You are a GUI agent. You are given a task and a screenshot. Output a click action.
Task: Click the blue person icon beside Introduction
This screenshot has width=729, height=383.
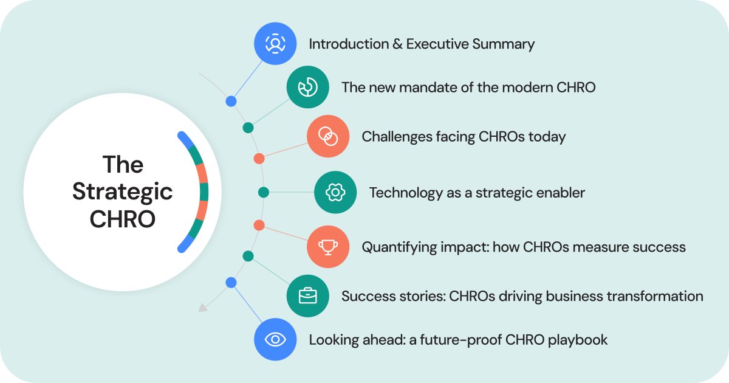point(275,44)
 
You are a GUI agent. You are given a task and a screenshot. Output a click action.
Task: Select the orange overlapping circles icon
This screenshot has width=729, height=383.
point(328,137)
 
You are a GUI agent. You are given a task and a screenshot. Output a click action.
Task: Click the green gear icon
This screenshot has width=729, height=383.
point(335,193)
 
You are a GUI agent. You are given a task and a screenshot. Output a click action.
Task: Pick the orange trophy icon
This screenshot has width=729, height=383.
point(328,247)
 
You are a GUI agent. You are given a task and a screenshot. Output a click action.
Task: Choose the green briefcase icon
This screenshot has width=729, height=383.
point(308,296)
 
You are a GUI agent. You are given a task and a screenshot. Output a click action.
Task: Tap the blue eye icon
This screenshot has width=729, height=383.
point(275,339)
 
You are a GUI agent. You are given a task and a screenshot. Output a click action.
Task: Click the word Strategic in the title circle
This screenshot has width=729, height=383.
point(122,192)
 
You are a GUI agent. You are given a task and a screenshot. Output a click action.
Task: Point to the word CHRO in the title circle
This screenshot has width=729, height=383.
point(122,219)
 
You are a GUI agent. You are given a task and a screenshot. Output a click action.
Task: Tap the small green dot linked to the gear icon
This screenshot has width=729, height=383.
point(263,192)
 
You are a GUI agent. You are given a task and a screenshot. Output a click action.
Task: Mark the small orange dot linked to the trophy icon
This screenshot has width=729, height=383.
point(259,226)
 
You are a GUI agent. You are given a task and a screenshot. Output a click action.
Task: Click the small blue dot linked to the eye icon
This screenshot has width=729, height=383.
point(231,282)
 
